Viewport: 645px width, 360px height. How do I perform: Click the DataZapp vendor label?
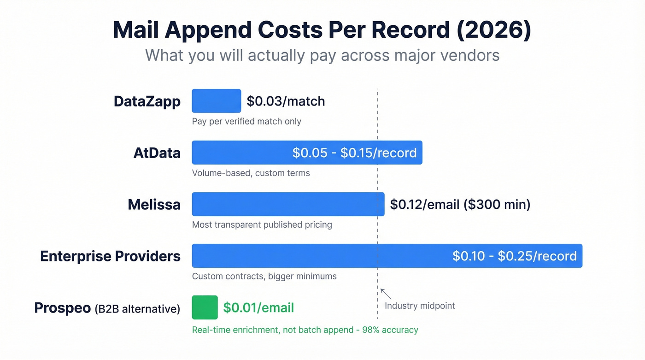tap(147, 101)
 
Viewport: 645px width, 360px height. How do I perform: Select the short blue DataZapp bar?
tap(216, 101)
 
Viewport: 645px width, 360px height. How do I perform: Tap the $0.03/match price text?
tap(286, 101)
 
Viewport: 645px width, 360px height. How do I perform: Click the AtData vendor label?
tap(157, 153)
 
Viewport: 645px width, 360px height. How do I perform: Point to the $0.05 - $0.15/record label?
tap(354, 153)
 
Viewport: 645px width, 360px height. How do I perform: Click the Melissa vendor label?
tap(154, 204)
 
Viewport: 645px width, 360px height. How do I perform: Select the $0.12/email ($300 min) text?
tap(460, 204)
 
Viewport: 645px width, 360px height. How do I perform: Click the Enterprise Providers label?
tap(110, 256)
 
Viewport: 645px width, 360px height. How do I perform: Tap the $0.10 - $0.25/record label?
tap(514, 256)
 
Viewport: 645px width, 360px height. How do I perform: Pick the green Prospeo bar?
tap(205, 307)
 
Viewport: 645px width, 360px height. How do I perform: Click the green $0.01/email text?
tap(258, 307)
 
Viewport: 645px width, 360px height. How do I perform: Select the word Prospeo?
tap(62, 308)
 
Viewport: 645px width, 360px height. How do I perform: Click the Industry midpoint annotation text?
tap(420, 306)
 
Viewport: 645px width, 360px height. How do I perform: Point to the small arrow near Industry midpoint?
tap(386, 293)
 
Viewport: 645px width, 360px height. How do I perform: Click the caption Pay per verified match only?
tap(246, 121)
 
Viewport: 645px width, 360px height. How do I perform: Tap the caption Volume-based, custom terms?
tap(251, 173)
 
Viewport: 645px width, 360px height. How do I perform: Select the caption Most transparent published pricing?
tap(262, 224)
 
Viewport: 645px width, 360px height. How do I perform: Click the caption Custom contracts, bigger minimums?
tap(264, 276)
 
